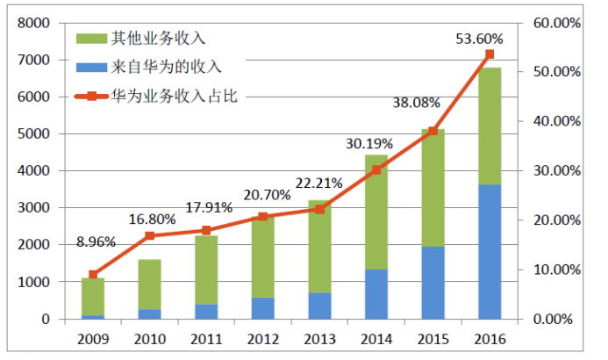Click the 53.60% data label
tap(479, 39)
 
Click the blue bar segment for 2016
tap(490, 251)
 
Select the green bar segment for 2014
tap(376, 212)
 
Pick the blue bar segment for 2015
tap(433, 282)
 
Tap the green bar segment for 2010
tap(148, 284)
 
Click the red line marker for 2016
tap(490, 54)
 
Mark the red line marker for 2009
tap(92, 275)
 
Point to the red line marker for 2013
tap(319, 209)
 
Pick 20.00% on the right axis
tap(554, 220)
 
